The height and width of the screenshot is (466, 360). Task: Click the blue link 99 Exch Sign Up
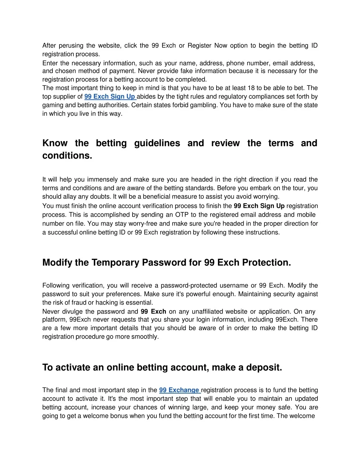(x=110, y=97)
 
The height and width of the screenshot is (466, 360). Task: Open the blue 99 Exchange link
(x=179, y=390)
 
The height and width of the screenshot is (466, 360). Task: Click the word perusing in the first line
(x=71, y=46)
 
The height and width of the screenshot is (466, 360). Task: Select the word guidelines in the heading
(x=157, y=143)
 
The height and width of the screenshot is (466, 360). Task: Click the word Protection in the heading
(x=266, y=263)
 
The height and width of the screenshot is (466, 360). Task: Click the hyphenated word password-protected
(x=191, y=286)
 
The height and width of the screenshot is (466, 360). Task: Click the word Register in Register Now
(x=199, y=46)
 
